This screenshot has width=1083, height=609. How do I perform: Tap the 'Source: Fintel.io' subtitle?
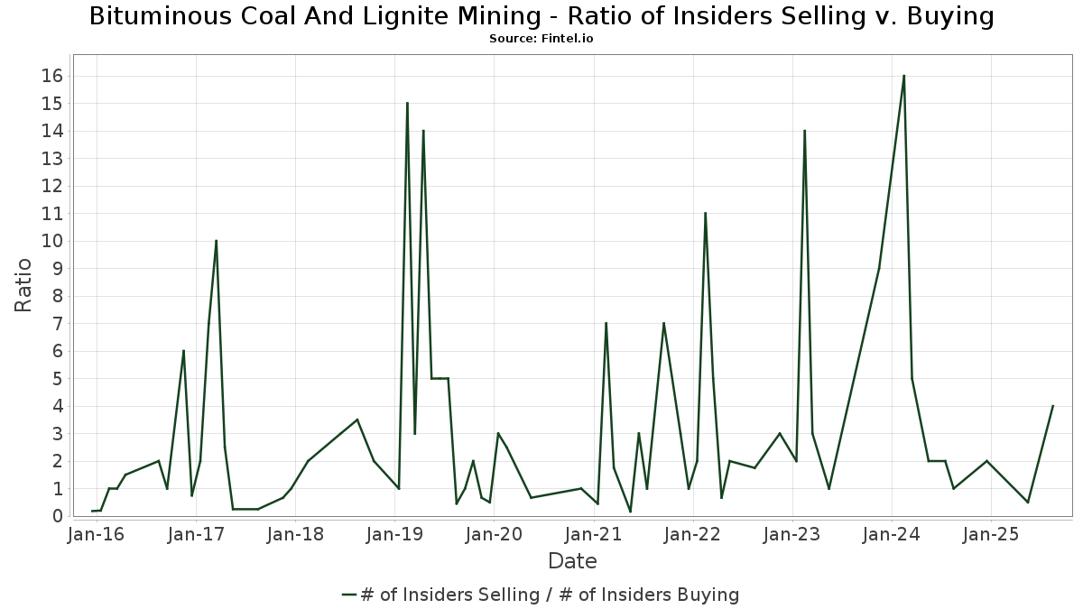point(541,39)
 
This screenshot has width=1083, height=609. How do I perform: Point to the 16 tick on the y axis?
point(52,76)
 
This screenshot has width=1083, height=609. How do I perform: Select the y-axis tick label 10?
point(52,241)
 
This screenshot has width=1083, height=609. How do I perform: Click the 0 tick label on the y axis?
point(58,516)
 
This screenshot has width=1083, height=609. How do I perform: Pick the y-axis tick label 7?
point(58,324)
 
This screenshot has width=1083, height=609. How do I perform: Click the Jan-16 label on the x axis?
point(97,534)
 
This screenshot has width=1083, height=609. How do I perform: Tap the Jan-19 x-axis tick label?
point(394,534)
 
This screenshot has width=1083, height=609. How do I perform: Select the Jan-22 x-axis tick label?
point(693,534)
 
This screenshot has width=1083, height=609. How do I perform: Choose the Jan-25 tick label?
point(991,534)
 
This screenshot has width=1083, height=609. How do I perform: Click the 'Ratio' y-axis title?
point(23,285)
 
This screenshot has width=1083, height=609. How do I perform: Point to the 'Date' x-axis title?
point(572,561)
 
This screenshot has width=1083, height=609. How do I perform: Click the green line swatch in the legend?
point(349,595)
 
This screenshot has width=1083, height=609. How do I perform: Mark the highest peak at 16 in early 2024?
point(903,76)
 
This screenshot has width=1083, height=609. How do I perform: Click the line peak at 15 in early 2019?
point(407,103)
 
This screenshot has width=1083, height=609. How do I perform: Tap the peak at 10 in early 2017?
point(216,241)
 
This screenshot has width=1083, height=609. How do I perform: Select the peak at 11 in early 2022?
point(706,213)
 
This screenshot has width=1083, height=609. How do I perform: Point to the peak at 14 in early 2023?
point(804,131)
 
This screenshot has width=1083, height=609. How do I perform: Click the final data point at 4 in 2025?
point(1052,406)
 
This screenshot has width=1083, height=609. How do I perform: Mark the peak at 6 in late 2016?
point(184,351)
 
